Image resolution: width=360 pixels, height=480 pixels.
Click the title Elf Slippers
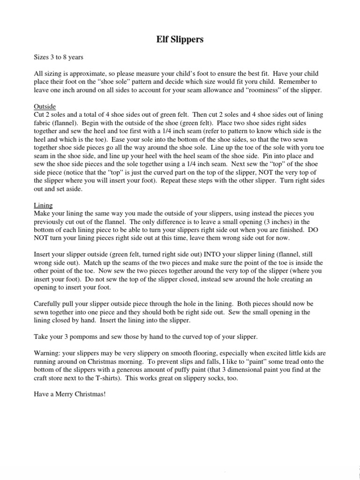180,40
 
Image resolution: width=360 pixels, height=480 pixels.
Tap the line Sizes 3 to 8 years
59,57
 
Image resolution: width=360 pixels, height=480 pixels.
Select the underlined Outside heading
45,107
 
